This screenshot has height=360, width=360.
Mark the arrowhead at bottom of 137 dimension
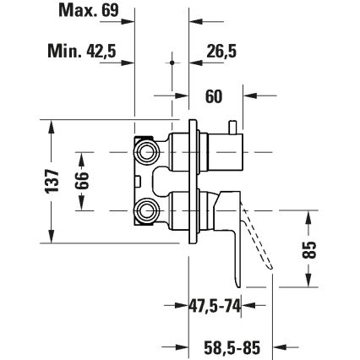(x=52, y=236)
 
